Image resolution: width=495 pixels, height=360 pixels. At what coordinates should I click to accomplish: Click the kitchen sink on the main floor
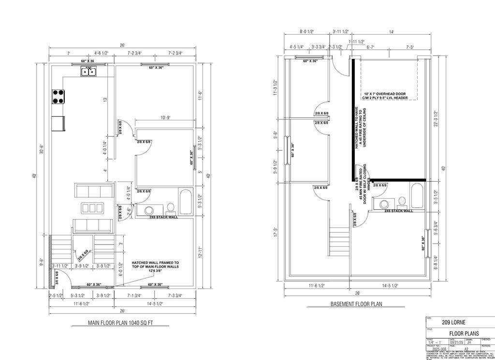point(88,72)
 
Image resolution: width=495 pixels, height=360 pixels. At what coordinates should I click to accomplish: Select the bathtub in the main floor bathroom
point(186,202)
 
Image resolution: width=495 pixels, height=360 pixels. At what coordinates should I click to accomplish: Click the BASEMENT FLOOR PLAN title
point(356,304)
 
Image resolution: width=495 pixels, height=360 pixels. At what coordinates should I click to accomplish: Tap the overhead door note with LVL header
point(386,95)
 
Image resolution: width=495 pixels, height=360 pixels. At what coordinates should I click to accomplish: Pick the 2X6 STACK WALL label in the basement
point(398,211)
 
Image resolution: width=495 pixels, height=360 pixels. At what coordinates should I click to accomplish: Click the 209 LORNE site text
point(455,322)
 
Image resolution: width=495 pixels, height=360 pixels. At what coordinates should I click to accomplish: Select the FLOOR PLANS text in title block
point(464,333)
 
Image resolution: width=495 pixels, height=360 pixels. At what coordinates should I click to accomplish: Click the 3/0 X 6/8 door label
point(56,277)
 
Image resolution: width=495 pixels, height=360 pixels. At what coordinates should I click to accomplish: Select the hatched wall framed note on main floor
point(155,267)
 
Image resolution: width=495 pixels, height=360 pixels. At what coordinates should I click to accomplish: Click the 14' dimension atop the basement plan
point(391,32)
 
